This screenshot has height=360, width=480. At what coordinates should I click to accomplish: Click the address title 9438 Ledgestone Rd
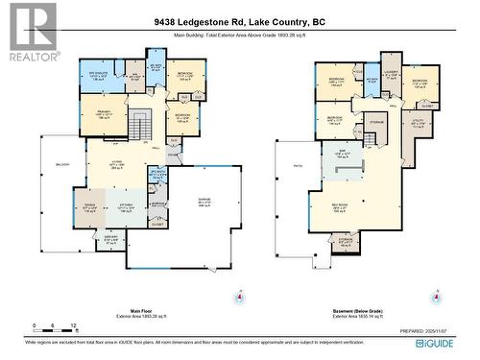coord(240,21)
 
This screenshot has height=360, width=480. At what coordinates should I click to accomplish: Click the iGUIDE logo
coord(445,343)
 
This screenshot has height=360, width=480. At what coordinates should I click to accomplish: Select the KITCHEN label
coord(126,204)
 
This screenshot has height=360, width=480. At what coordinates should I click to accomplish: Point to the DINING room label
coord(89,204)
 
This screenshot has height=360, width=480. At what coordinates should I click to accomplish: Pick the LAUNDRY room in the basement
coord(390,75)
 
